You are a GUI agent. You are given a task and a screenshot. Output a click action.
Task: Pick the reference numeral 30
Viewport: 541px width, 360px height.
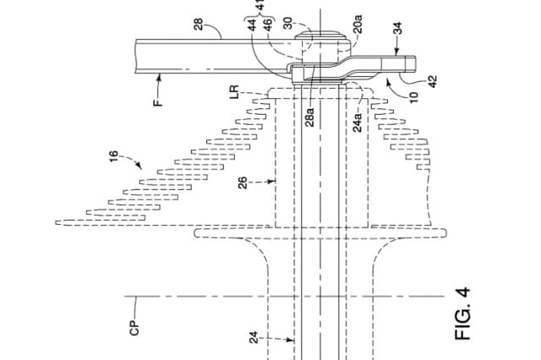click(289, 24)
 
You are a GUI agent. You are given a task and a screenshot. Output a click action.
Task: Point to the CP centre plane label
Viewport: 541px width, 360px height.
click(134, 326)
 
